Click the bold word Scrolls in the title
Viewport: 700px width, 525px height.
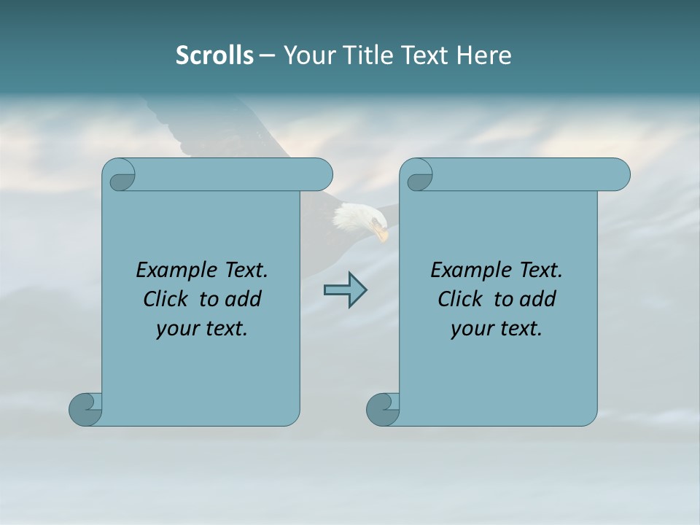[x=214, y=55]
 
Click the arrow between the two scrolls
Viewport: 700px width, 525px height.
[x=345, y=290]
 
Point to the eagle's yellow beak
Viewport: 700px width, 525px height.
[x=381, y=233]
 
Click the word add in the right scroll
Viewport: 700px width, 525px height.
[x=538, y=299]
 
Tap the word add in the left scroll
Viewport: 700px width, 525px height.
[x=244, y=299]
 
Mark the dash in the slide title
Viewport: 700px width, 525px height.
[x=268, y=56]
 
